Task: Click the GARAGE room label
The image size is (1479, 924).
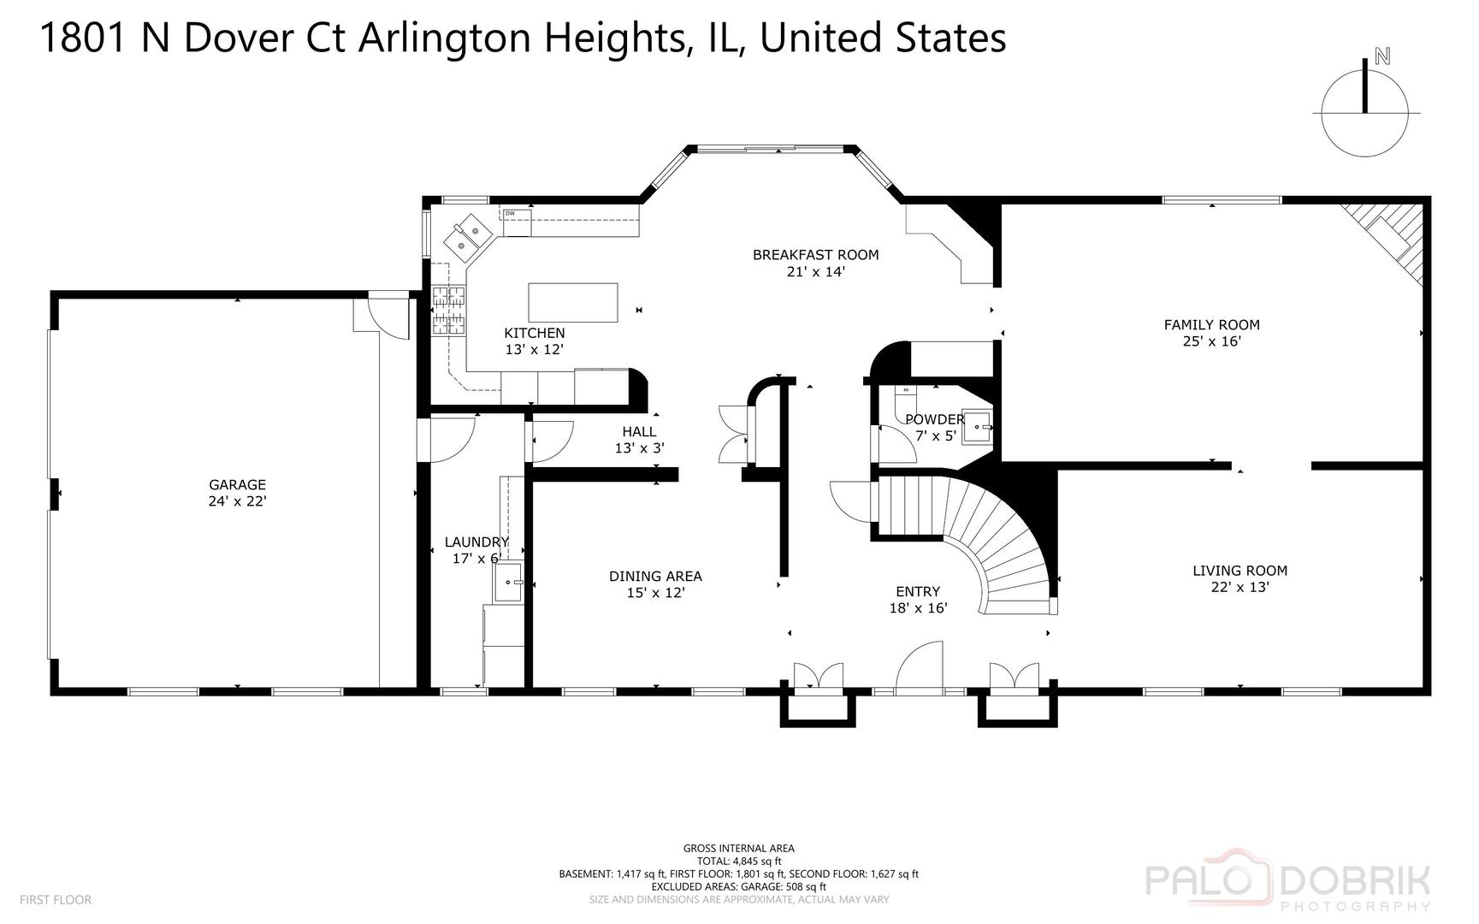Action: click(237, 485)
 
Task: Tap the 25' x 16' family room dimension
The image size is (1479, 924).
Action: click(1211, 341)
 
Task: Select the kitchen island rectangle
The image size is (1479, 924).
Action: click(573, 302)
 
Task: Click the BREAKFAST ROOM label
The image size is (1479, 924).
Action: click(815, 255)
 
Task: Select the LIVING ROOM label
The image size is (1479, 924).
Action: click(1239, 571)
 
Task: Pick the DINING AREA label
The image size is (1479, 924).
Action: click(655, 577)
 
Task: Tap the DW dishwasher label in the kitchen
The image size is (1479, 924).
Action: click(510, 214)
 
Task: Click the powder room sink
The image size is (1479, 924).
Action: click(978, 426)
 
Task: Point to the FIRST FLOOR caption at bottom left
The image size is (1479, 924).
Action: click(55, 900)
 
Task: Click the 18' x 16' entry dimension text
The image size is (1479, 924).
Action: click(918, 608)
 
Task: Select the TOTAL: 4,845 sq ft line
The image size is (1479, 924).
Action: click(738, 862)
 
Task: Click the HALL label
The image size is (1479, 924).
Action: click(639, 432)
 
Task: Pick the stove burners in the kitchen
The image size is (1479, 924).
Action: click(448, 310)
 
